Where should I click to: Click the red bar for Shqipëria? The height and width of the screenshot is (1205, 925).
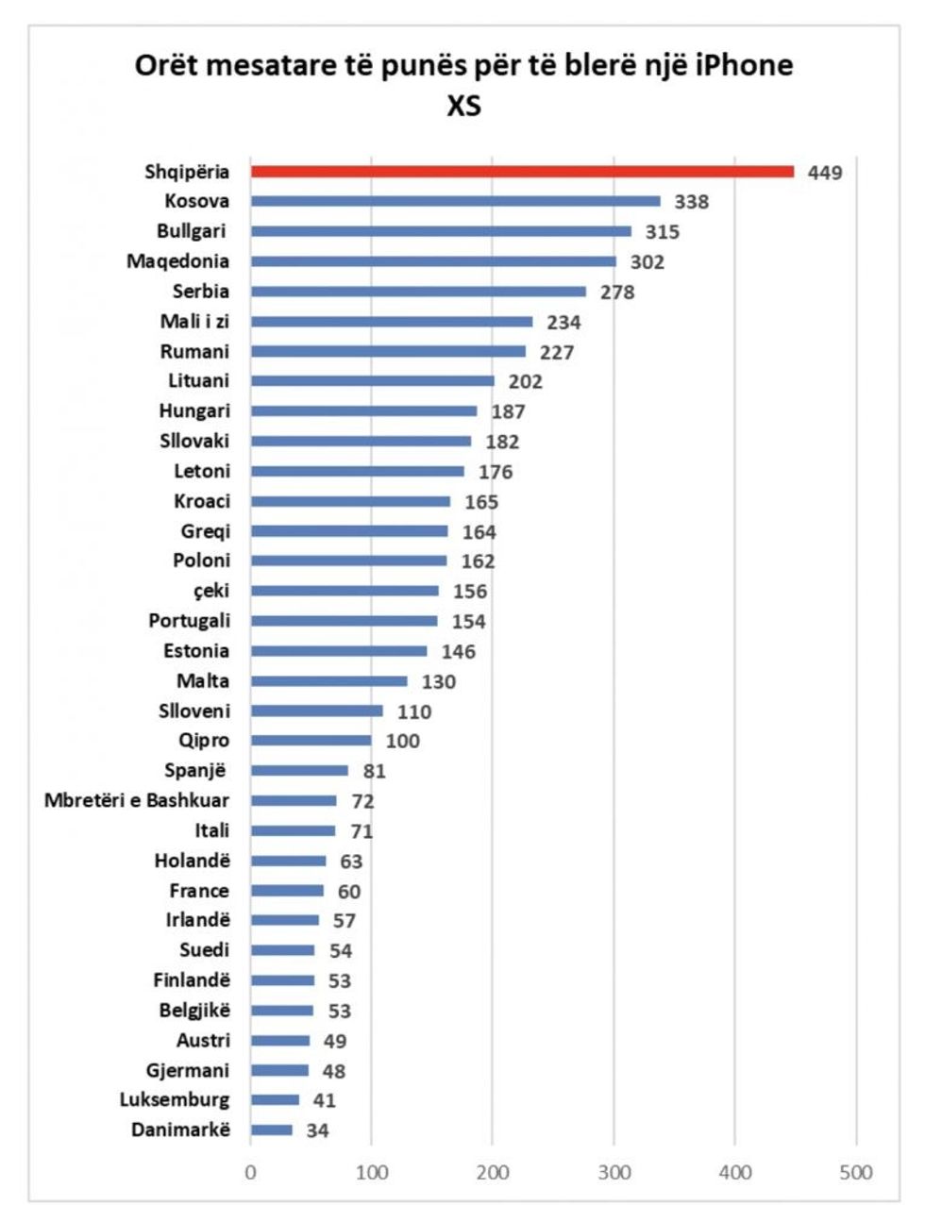[522, 172]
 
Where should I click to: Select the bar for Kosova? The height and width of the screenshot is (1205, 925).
[455, 201]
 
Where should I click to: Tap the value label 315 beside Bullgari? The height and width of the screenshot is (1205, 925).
[662, 232]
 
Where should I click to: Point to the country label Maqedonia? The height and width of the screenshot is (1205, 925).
[177, 261]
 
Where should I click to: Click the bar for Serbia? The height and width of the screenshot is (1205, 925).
[418, 292]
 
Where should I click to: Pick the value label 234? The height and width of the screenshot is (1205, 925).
[563, 323]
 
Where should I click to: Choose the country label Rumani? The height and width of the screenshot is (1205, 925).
[194, 352]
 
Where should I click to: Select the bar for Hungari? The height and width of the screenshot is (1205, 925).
[363, 411]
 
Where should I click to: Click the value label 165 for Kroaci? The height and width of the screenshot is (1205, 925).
[481, 502]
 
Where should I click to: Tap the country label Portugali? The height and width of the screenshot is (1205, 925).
[189, 621]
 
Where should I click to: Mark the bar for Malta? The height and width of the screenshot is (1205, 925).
[328, 681]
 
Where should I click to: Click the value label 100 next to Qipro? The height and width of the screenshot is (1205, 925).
[402, 741]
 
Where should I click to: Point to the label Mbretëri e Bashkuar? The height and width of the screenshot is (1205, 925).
[136, 801]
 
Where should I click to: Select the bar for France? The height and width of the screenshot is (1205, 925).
[287, 891]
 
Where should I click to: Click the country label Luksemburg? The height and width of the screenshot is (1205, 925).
[174, 1100]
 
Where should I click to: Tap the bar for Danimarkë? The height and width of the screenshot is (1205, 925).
[272, 1130]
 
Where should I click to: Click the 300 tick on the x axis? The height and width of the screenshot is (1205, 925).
[614, 1173]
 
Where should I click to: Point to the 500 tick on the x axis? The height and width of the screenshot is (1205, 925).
[856, 1173]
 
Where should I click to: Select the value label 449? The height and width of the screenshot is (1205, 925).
[824, 173]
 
